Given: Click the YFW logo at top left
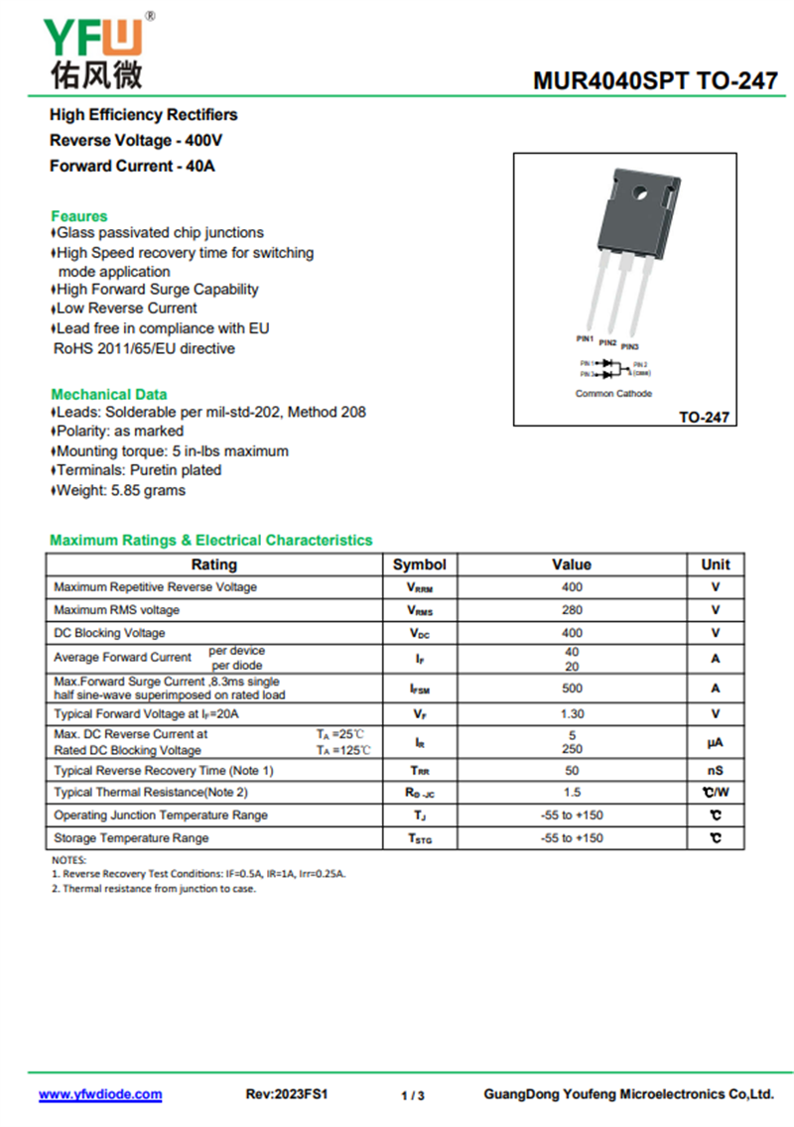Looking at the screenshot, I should (95, 50).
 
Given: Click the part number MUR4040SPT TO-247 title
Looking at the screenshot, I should (655, 81).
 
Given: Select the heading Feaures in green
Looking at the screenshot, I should (79, 215).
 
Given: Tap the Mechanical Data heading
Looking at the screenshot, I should (109, 394).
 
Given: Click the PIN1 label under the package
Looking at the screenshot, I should (585, 339).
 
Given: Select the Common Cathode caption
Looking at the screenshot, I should (613, 394).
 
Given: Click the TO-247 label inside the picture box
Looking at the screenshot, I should (704, 418).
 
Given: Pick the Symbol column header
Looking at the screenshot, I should (419, 564).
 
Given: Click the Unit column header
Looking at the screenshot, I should (715, 564).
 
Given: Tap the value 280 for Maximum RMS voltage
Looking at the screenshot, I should (572, 610).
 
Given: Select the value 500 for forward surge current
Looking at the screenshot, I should (572, 689).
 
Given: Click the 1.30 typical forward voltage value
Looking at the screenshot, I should (572, 714).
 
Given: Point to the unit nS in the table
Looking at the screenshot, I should (715, 771).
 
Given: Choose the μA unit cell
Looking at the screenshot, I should (715, 742).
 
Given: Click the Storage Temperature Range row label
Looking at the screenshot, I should (131, 838).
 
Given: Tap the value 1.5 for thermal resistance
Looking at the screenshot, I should (572, 793).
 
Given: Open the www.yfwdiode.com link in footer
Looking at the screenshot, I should (100, 1094).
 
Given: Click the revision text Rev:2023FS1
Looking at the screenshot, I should (287, 1094).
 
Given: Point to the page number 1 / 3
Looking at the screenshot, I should (413, 1095).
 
